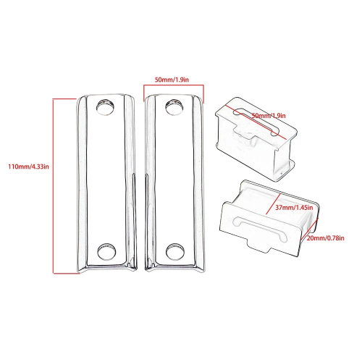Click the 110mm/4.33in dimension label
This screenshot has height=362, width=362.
(x=28, y=167)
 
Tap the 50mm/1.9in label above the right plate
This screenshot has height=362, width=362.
(x=172, y=80)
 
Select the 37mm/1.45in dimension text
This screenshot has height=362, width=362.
(x=294, y=208)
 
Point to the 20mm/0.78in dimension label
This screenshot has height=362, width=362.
(x=326, y=238)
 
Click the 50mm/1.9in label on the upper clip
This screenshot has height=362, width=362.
(x=269, y=116)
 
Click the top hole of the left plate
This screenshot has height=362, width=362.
(x=105, y=106)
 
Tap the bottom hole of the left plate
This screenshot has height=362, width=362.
(x=106, y=251)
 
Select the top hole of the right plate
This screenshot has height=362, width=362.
(x=174, y=106)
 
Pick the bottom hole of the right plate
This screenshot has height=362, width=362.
(x=175, y=251)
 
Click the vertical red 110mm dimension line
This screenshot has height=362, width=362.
(x=54, y=186)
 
